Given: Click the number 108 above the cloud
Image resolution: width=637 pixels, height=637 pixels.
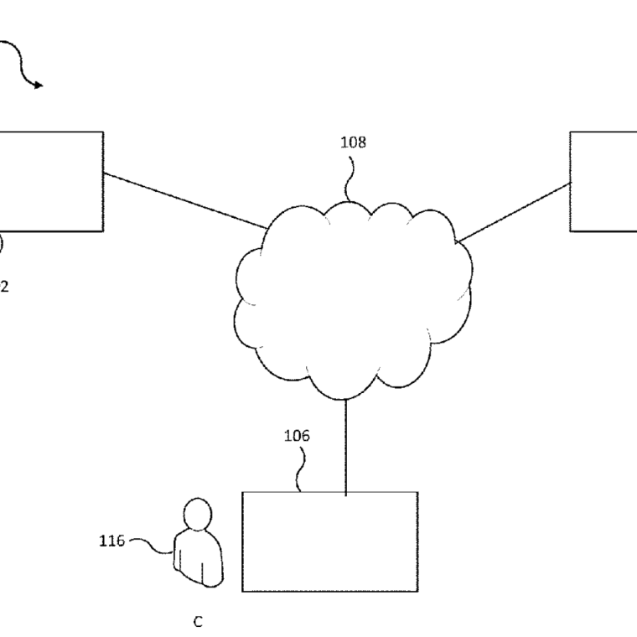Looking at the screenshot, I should (x=353, y=142).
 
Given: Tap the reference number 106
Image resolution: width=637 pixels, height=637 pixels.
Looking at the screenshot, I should (x=297, y=435).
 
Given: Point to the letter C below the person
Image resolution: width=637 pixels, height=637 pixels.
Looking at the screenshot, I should (x=198, y=622).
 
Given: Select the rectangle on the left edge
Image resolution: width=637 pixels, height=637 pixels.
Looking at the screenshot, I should (x=50, y=181).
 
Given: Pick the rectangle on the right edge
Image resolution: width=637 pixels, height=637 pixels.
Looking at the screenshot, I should (x=603, y=181).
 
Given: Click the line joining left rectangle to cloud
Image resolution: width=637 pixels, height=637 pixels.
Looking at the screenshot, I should (x=184, y=201).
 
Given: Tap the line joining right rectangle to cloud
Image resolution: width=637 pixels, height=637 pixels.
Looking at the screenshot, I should (x=513, y=212).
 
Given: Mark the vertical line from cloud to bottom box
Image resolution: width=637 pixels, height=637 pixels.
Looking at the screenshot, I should (x=345, y=444).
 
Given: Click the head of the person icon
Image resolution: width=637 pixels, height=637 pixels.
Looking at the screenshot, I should (x=198, y=512).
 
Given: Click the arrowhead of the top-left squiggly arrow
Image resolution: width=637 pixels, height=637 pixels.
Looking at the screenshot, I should (x=37, y=84).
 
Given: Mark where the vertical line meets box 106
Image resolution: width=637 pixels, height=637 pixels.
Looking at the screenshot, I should (x=345, y=492).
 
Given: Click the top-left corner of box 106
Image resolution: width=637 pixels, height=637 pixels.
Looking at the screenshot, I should (x=242, y=492).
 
